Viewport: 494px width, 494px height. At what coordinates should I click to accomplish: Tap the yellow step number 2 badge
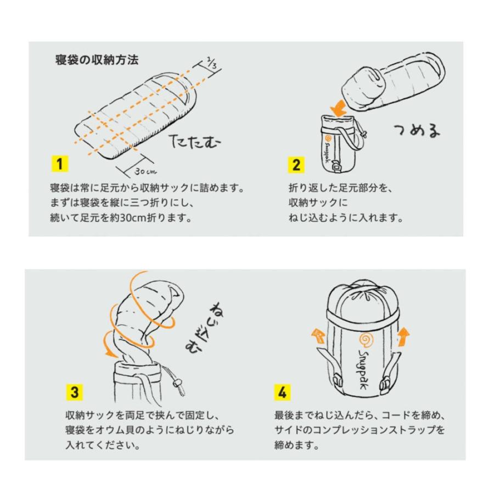click(296, 164)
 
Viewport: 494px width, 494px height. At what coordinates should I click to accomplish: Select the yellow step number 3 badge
click(75, 393)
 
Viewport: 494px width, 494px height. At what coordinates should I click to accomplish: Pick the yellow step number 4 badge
click(282, 393)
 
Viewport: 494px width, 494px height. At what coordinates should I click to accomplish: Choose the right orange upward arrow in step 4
click(403, 336)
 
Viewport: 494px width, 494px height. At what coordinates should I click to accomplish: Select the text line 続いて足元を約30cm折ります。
click(120, 218)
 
